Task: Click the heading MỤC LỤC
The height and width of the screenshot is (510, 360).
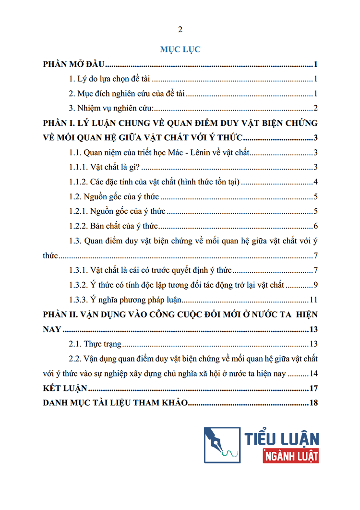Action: coord(180,49)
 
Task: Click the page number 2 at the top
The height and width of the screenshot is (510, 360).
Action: coord(180,30)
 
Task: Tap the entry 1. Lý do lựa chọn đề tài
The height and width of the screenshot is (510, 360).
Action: coord(110,79)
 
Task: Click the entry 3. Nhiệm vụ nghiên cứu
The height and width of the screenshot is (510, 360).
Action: coord(111,108)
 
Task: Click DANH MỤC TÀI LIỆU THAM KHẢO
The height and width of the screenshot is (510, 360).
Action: coord(114,402)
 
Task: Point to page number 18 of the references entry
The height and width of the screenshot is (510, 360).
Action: coord(314,402)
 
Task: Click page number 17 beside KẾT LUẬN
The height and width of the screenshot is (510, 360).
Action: coord(314,388)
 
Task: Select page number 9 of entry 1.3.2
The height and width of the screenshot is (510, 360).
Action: coord(316,285)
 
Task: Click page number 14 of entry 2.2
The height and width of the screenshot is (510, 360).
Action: coord(314,373)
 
